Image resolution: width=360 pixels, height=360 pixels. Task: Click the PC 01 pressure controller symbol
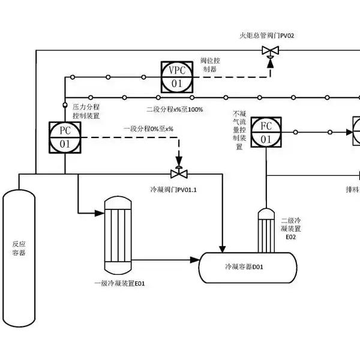point(65,137)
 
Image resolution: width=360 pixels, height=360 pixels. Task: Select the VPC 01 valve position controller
point(177,77)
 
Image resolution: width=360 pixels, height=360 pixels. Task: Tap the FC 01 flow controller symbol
point(266,132)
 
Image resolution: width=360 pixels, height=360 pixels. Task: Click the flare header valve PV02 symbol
point(271,52)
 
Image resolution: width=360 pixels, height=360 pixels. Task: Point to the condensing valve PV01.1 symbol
point(179,172)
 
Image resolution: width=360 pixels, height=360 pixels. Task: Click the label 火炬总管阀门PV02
point(267,36)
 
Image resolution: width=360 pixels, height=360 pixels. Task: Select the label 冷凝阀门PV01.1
point(173,190)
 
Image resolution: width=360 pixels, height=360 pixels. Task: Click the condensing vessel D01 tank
point(248,268)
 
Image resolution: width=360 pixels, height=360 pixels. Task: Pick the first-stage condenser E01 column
point(118,235)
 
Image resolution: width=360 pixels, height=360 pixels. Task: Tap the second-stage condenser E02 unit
point(266,230)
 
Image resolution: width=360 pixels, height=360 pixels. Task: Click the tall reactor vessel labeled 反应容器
point(19,258)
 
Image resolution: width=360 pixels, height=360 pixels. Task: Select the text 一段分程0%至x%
point(148,129)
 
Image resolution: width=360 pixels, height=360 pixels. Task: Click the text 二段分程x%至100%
point(175,110)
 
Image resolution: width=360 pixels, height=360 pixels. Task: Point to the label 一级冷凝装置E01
point(119,284)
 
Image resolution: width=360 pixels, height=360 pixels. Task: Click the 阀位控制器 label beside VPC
point(210,65)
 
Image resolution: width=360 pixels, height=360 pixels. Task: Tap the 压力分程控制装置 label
point(86,112)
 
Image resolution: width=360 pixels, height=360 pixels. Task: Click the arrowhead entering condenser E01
point(100,213)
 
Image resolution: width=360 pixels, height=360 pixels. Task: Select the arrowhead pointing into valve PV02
point(271,63)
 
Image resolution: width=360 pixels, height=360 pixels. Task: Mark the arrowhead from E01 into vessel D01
point(194,260)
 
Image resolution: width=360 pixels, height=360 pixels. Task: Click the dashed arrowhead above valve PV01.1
point(179,160)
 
